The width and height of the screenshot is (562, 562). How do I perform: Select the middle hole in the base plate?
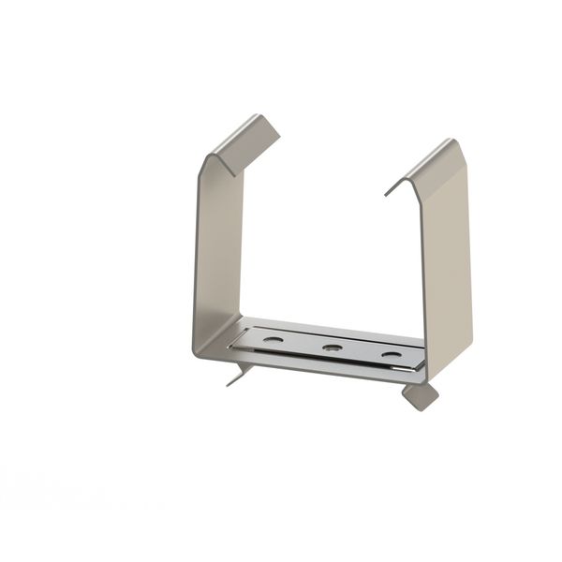[x=330, y=348]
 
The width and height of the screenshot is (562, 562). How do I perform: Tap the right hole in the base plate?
[x=389, y=356]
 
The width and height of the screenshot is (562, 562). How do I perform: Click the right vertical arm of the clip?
[x=450, y=262]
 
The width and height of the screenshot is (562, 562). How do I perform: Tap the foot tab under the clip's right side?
[x=421, y=395]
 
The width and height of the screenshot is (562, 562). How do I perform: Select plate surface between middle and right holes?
[x=360, y=351]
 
